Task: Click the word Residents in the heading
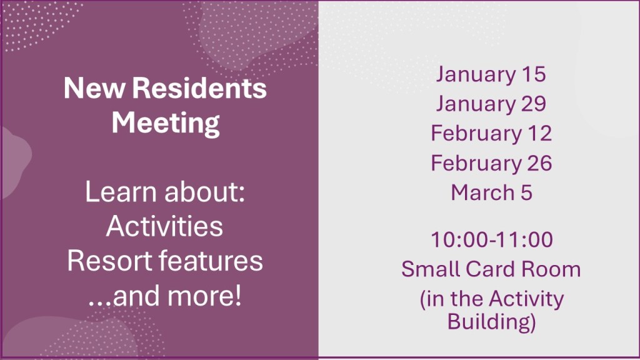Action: point(199,87)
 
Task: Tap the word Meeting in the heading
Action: point(166,123)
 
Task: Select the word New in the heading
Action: point(94,88)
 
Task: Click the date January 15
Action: point(491,75)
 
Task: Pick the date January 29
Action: point(491,104)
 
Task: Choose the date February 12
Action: point(491,134)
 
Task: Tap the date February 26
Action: point(491,164)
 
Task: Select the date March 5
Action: point(491,192)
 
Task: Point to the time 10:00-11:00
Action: point(492,239)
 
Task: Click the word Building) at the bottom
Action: point(491,322)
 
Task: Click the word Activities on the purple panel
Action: point(164,226)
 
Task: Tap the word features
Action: point(211,261)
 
